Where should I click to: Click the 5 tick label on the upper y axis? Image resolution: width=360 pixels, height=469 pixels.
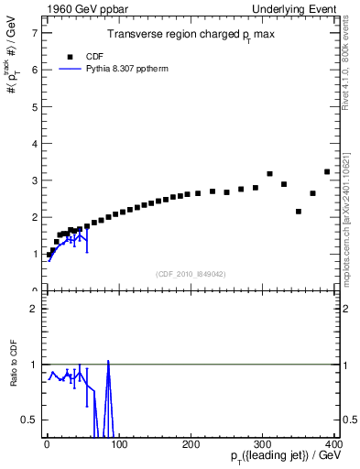click(34, 106)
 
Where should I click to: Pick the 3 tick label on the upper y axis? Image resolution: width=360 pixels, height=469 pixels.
click(34, 180)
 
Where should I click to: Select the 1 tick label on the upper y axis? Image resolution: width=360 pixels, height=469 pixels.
click(34, 254)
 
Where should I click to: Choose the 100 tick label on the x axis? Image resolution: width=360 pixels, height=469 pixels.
click(119, 442)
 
